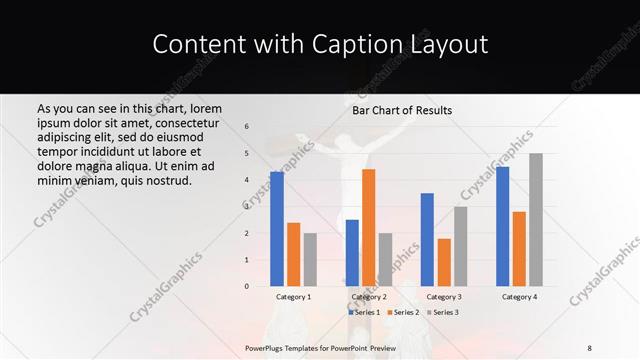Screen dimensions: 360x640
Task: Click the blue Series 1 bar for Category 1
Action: click(277, 229)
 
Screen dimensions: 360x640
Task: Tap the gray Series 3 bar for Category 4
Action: click(536, 219)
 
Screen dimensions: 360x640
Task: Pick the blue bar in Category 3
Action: click(427, 239)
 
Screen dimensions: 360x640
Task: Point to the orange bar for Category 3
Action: click(444, 262)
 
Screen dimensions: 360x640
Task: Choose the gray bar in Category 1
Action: click(310, 259)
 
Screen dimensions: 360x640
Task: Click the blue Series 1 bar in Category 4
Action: click(502, 226)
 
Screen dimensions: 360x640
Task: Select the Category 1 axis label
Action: click(293, 297)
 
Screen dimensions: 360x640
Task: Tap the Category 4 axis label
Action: click(519, 297)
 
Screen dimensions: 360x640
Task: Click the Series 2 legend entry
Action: click(403, 313)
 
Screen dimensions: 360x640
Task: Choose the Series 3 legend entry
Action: click(445, 313)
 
